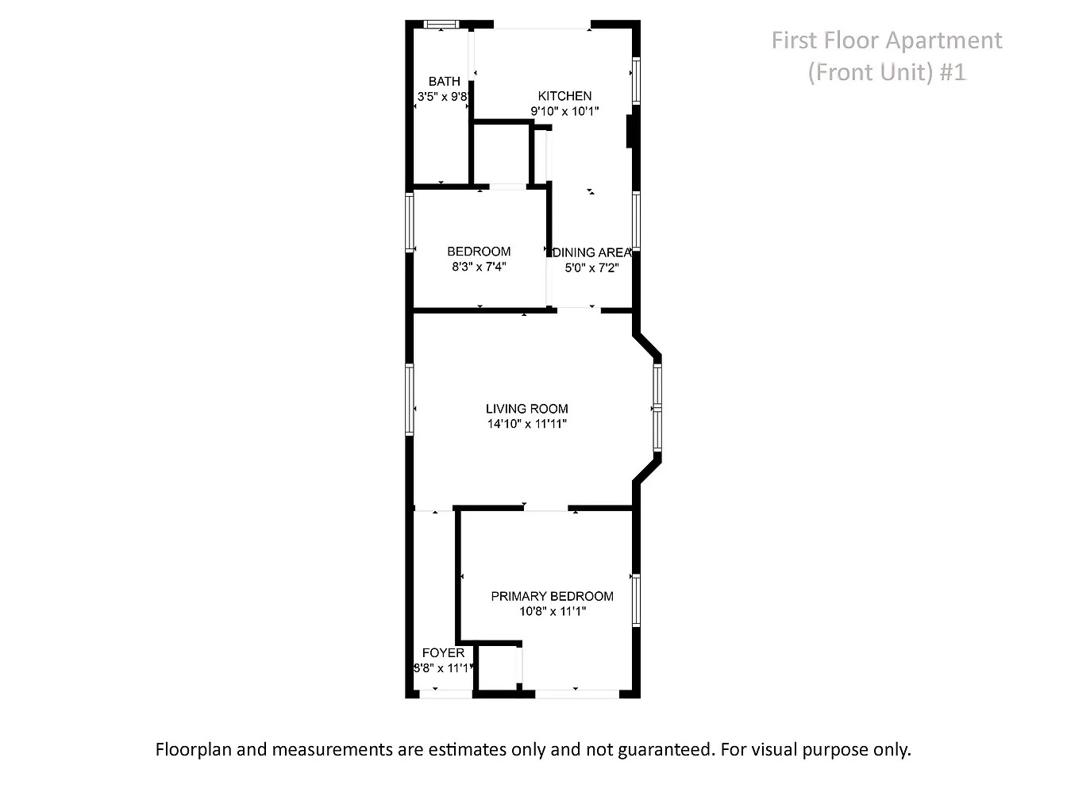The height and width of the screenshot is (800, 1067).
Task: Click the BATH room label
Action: tap(444, 81)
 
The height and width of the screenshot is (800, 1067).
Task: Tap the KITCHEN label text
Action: tap(564, 96)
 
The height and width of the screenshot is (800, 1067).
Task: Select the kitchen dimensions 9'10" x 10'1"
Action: tap(564, 111)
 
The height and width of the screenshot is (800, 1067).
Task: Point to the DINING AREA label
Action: tap(592, 252)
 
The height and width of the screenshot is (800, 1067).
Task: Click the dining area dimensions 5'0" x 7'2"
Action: tap(591, 268)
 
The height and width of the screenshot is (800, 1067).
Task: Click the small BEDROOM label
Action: tap(479, 252)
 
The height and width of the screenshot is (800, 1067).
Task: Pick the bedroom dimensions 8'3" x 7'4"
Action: tap(479, 267)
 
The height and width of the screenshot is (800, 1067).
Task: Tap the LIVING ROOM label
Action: tap(527, 409)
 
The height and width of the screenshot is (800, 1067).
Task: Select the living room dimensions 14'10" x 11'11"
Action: tap(527, 424)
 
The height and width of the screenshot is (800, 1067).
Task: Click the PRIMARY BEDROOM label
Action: tap(553, 597)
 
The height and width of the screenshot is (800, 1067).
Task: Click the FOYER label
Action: tap(443, 653)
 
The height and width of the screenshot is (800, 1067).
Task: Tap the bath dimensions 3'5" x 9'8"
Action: tap(442, 97)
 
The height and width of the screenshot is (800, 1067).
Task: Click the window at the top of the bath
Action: tap(441, 25)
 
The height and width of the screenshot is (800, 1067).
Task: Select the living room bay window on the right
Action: tap(657, 407)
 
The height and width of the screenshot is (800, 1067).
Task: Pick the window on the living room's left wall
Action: tap(410, 399)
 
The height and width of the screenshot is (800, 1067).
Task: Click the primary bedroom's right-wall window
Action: tap(636, 600)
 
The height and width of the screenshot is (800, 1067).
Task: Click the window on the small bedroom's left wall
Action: tap(410, 222)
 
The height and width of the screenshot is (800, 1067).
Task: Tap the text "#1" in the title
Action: tap(952, 73)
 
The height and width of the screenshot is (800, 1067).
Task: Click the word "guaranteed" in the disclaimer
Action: tap(665, 749)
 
